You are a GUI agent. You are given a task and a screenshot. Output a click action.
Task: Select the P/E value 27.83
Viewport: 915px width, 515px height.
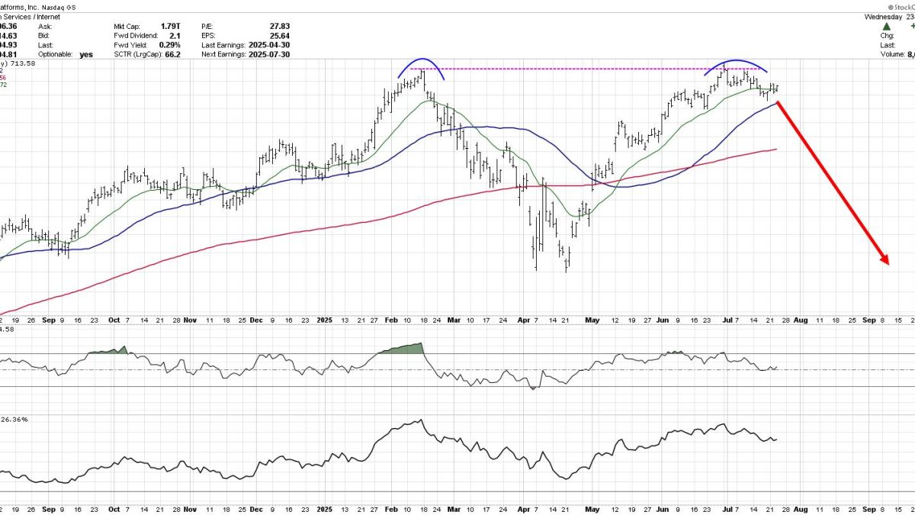point(280,26)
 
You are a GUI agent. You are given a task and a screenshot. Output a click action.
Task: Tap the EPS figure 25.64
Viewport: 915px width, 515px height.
point(280,35)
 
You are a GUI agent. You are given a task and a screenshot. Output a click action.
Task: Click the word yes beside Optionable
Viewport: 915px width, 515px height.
point(85,54)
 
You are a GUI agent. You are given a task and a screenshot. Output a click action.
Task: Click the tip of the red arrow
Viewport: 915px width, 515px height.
point(889,264)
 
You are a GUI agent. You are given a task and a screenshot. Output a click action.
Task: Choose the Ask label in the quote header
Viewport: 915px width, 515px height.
point(45,26)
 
